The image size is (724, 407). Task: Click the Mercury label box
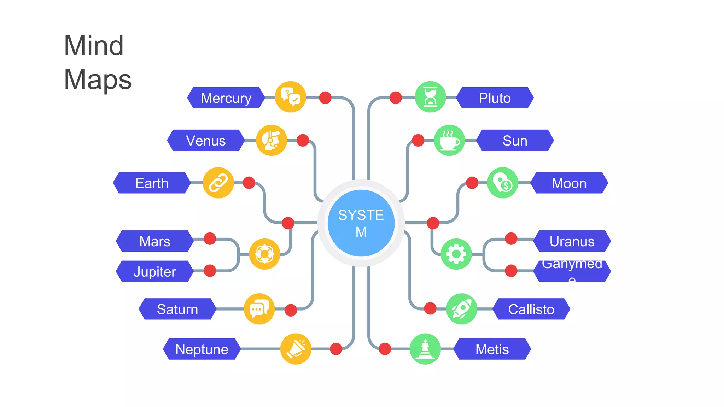click(x=226, y=98)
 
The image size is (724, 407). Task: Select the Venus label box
click(x=206, y=141)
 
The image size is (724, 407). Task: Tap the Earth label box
click(x=152, y=183)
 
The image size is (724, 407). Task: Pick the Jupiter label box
click(x=155, y=271)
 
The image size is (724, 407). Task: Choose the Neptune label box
click(x=202, y=349)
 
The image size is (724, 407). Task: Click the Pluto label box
click(x=495, y=98)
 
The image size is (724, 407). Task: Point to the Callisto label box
click(x=531, y=309)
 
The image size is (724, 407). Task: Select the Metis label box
click(x=492, y=349)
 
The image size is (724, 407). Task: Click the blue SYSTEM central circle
click(x=361, y=223)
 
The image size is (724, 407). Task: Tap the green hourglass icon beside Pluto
click(x=430, y=97)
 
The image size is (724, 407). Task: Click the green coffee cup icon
click(x=449, y=140)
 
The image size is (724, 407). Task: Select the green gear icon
click(x=456, y=254)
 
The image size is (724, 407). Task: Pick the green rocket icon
click(x=462, y=309)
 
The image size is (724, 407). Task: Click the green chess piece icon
click(x=425, y=349)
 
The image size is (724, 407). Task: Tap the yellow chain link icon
click(x=218, y=183)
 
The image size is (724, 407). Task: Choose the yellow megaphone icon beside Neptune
click(x=296, y=349)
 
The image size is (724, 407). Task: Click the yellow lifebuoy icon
click(x=264, y=254)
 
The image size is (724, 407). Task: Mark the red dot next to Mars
click(x=210, y=238)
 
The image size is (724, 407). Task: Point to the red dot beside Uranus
click(x=511, y=238)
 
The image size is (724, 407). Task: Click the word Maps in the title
click(x=98, y=79)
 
